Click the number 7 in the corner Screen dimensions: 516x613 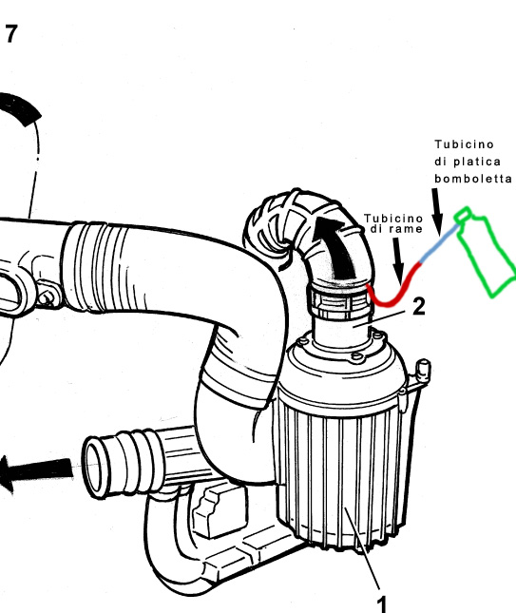point(11,34)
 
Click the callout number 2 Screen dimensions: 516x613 point(419,306)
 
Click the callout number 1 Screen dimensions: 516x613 point(381,604)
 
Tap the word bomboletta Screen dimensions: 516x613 point(473,179)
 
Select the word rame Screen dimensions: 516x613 point(407,229)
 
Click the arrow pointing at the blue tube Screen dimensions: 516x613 point(437,212)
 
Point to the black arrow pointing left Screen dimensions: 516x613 point(36,471)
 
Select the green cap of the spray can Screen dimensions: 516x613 point(463,216)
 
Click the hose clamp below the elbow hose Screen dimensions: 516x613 point(339,301)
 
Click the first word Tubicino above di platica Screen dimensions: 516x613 point(464,144)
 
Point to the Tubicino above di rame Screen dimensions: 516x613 point(392,218)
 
